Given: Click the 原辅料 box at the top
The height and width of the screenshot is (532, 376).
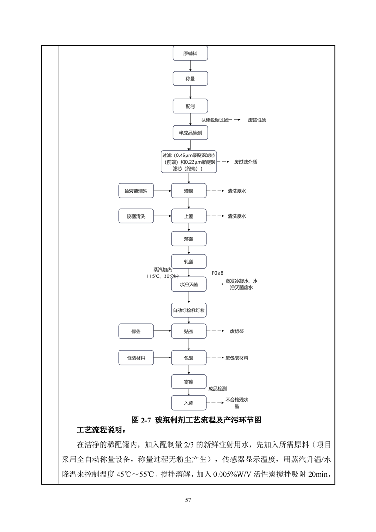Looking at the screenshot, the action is pyautogui.click(x=190, y=53).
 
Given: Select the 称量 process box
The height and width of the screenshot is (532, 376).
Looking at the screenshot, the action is pyautogui.click(x=190, y=78).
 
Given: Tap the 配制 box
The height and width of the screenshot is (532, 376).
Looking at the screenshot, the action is pyautogui.click(x=190, y=106).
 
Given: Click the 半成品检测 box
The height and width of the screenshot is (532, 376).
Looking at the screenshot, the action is pyautogui.click(x=190, y=133).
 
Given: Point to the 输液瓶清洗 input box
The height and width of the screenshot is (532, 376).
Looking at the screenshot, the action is pyautogui.click(x=136, y=191).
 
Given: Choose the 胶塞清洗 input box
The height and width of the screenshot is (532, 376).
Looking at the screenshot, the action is pyautogui.click(x=136, y=216).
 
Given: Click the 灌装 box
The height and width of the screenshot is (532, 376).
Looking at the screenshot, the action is pyautogui.click(x=189, y=191).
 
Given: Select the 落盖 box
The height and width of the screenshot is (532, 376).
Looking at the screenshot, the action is pyautogui.click(x=189, y=239).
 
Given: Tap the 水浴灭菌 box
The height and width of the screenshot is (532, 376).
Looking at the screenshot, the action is pyautogui.click(x=189, y=284).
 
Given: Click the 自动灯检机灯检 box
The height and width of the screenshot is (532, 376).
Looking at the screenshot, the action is pyautogui.click(x=189, y=310).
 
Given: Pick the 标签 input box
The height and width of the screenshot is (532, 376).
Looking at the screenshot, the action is pyautogui.click(x=136, y=331).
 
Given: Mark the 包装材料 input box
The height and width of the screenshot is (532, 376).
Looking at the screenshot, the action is pyautogui.click(x=136, y=358).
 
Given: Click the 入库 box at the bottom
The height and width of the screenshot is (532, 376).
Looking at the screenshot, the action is pyautogui.click(x=189, y=403).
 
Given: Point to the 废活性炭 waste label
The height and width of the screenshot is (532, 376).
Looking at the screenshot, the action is pyautogui.click(x=257, y=120).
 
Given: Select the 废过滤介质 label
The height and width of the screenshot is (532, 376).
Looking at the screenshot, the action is pyautogui.click(x=246, y=162).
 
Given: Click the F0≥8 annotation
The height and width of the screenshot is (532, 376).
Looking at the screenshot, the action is pyautogui.click(x=218, y=273).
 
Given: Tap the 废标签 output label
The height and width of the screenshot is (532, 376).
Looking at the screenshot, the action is pyautogui.click(x=237, y=331).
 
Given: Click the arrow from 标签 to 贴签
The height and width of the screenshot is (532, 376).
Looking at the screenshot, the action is pyautogui.click(x=162, y=331).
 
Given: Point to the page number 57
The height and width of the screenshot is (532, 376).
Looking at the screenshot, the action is pyautogui.click(x=188, y=500).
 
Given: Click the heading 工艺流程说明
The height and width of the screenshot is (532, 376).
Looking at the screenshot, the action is pyautogui.click(x=101, y=430).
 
